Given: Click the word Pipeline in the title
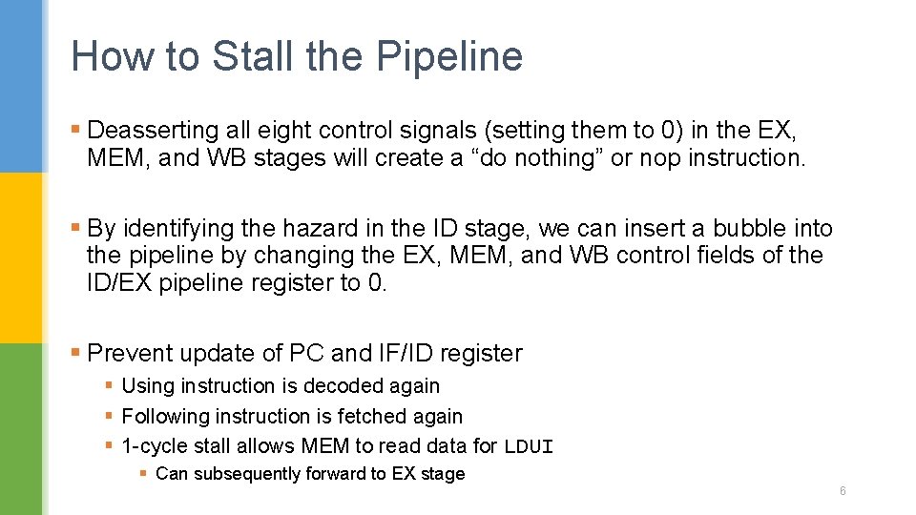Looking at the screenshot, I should (449, 56).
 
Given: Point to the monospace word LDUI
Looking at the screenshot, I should (529, 446).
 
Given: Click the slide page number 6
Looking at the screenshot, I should (843, 491).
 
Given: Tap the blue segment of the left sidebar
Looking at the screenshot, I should (21, 86).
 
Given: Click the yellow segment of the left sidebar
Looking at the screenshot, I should (21, 257).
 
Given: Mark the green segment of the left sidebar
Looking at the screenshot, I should (21, 429).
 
